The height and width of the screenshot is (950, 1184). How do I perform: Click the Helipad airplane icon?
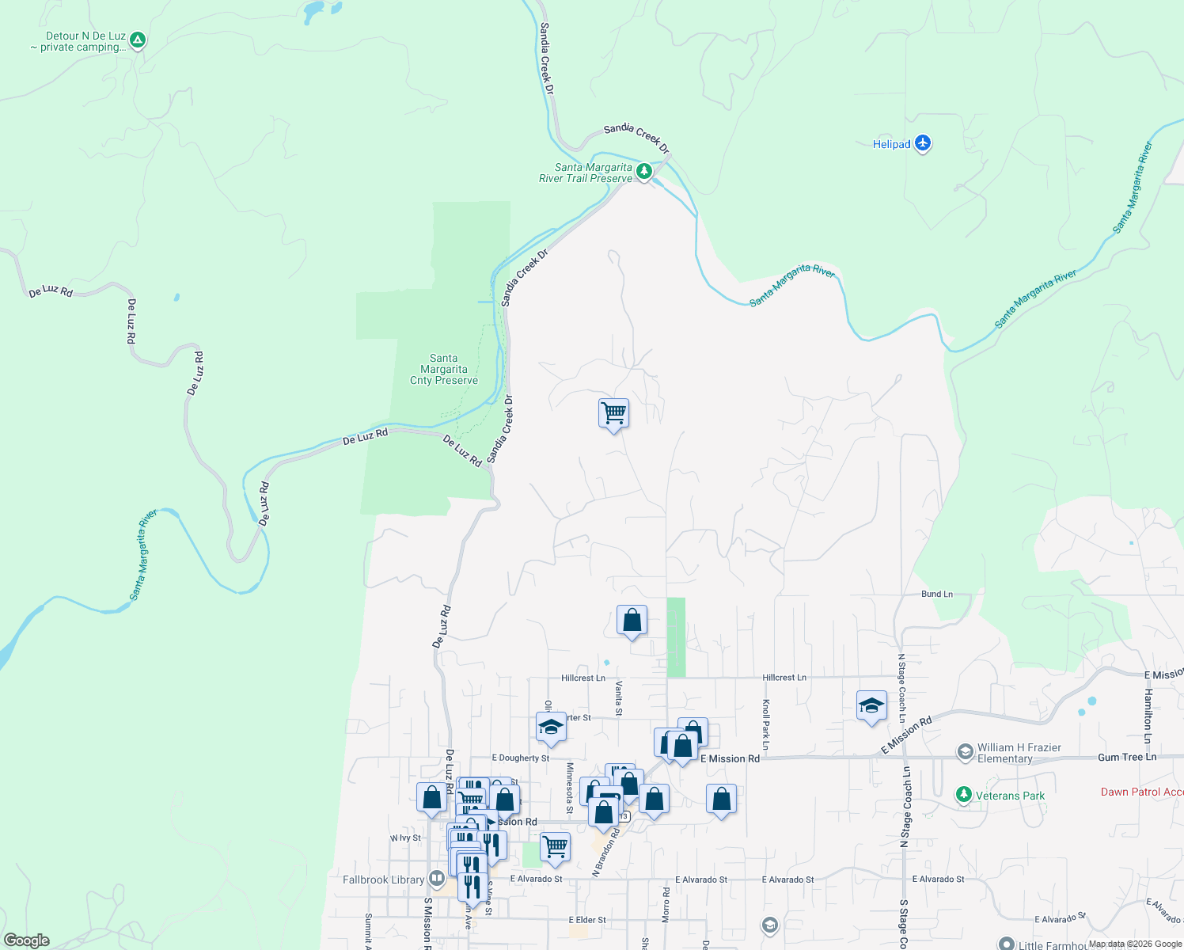click(922, 144)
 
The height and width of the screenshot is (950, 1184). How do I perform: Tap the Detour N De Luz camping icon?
click(138, 40)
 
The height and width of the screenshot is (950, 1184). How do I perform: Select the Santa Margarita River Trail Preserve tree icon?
click(644, 171)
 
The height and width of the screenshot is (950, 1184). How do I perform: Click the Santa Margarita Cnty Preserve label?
click(443, 370)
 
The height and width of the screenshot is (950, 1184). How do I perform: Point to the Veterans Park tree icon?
click(963, 795)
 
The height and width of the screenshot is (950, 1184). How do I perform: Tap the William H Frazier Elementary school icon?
click(965, 752)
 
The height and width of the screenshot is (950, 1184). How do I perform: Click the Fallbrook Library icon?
click(436, 879)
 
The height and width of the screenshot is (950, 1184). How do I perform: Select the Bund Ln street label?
click(937, 594)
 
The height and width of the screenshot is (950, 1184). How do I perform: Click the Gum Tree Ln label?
click(1126, 758)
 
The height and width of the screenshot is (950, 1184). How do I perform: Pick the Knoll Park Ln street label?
click(765, 724)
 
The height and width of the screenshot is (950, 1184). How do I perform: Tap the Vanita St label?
click(619, 697)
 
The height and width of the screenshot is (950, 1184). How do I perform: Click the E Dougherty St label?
click(520, 758)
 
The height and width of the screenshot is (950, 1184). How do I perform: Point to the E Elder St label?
click(587, 920)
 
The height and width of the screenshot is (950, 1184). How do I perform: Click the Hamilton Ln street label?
click(1148, 709)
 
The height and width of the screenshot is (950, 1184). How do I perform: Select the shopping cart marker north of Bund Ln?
click(613, 414)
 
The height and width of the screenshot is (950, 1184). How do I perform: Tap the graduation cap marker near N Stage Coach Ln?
click(871, 706)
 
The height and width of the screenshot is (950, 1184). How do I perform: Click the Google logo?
click(27, 940)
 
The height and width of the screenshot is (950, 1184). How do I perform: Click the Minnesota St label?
click(569, 788)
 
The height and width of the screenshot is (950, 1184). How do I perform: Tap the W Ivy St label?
click(405, 838)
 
